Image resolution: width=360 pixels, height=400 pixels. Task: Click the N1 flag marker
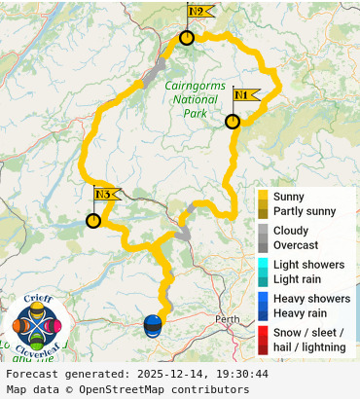[x=245, y=95]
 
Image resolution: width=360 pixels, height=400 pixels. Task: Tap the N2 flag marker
[x=199, y=13]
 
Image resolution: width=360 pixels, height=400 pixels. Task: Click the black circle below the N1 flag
[x=233, y=122]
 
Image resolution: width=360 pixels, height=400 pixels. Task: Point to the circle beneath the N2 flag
[x=187, y=38]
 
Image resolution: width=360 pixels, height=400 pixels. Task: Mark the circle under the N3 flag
[x=93, y=221]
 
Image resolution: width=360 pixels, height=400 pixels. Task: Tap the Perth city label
[x=228, y=319]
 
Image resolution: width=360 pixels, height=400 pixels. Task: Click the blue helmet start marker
[x=153, y=325]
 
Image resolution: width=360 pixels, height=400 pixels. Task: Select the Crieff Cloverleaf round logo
[x=38, y=325]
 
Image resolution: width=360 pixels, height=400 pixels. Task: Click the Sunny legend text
[x=289, y=197]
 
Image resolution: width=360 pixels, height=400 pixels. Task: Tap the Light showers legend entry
[x=308, y=265]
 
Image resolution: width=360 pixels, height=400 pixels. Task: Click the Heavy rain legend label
[x=301, y=313]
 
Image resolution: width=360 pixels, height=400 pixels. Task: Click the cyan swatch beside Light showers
[x=263, y=265]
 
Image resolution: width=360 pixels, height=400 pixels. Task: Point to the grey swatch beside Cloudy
[x=263, y=231]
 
